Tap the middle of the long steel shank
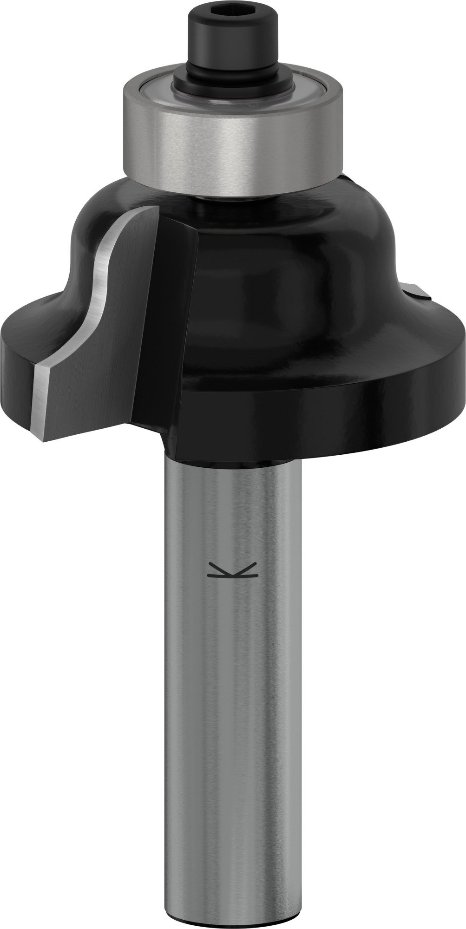click(x=232, y=697)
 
